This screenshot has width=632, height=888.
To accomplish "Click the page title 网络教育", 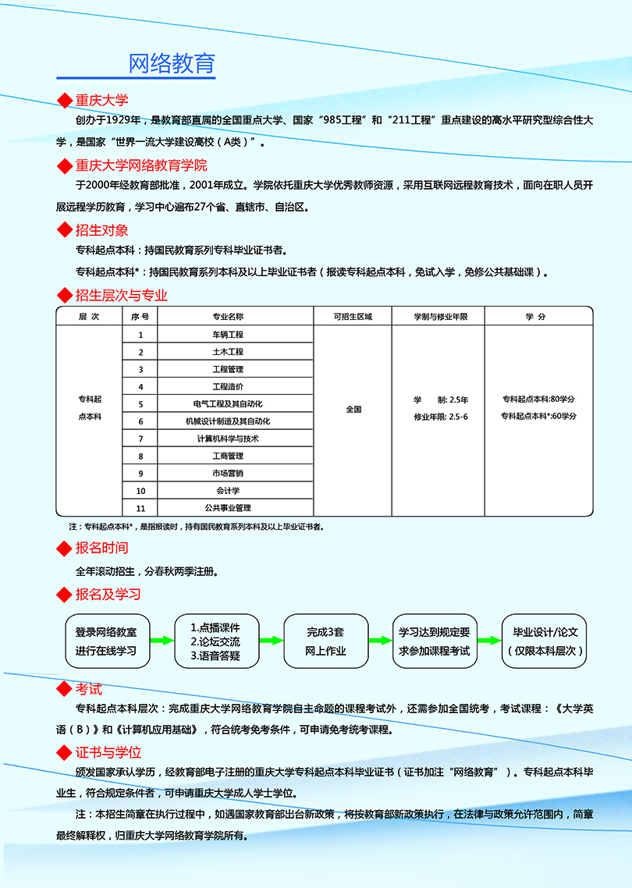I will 171,63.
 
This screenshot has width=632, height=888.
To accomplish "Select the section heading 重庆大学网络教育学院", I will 141,165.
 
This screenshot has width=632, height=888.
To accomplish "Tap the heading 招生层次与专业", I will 121,295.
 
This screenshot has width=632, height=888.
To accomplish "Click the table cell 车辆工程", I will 228,335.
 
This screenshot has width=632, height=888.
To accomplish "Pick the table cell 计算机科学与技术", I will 228,439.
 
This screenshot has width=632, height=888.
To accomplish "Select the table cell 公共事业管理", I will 228,508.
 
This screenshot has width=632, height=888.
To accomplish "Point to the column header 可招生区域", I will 353,317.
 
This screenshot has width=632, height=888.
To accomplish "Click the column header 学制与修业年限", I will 440,317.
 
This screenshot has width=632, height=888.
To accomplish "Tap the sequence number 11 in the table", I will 141,508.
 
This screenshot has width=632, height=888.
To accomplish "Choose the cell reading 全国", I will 353,409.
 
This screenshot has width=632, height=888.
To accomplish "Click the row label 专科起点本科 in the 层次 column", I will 90,408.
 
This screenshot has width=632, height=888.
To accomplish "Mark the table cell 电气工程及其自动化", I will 228,404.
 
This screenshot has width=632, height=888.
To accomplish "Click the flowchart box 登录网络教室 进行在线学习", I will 106,641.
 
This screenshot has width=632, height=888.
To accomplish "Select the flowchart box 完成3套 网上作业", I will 325,641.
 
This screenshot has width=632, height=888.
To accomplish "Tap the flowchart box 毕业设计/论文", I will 545,641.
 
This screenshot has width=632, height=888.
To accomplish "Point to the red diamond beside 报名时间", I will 65,549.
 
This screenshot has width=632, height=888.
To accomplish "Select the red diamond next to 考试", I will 65,690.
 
